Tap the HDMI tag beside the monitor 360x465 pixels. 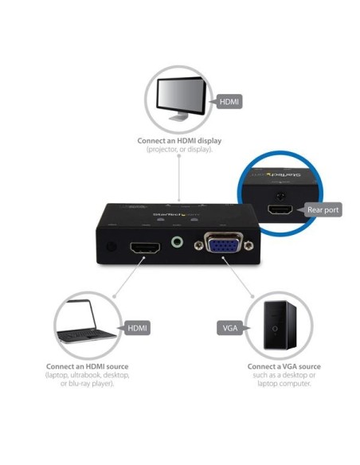(229, 102)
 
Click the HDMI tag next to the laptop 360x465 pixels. (137, 327)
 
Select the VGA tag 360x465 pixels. (229, 327)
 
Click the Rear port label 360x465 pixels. (323, 210)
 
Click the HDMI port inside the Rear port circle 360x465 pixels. (280, 211)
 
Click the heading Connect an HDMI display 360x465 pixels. (179, 141)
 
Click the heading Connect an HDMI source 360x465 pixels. (88, 368)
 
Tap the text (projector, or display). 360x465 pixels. (179, 150)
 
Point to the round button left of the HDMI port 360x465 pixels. (110, 247)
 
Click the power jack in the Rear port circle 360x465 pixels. (280, 193)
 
